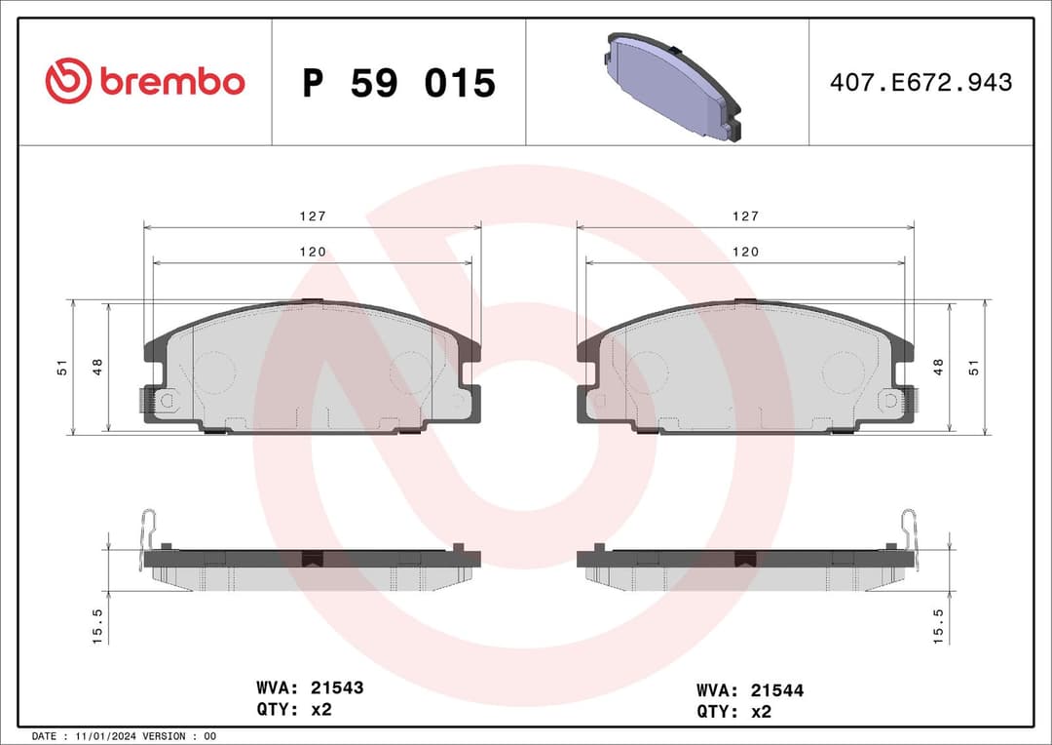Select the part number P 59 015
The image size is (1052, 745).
tap(398, 83)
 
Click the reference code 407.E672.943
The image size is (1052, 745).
tap(920, 83)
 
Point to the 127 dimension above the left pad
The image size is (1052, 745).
tap(312, 216)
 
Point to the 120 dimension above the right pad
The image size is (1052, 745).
tap(745, 252)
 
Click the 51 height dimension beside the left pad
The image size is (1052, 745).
tap(61, 368)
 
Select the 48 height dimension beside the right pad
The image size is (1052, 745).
tap(939, 368)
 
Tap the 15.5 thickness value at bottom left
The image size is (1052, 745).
tap(96, 624)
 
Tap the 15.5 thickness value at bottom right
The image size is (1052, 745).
tap(939, 624)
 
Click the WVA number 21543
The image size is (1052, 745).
tap(336, 687)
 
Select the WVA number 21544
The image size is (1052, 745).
tap(775, 690)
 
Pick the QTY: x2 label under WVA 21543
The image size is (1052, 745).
tap(295, 709)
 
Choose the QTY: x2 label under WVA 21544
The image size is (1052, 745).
tap(733, 711)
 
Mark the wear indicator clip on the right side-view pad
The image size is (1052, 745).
tap(909, 534)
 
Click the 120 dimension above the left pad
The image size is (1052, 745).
tap(312, 252)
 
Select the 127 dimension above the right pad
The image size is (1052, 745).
tap(745, 216)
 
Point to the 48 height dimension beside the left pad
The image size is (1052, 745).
tap(96, 368)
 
